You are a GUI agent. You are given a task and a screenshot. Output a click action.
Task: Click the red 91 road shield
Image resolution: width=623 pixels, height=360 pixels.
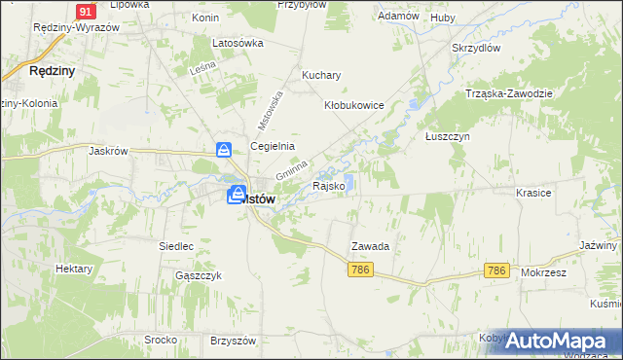pos(86,11)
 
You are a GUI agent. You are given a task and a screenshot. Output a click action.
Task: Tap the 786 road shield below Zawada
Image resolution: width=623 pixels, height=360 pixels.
pos(359,269)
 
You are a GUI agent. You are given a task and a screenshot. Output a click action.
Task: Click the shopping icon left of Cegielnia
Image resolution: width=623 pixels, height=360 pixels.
pos(224,150)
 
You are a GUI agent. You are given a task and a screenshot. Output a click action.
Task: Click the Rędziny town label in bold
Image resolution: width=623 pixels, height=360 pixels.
pos(53,71)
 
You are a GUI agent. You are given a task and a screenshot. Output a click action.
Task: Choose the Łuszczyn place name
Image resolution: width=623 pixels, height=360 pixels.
pos(448,137)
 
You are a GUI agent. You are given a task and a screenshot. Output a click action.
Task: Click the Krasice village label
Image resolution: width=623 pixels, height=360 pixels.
pos(534,193)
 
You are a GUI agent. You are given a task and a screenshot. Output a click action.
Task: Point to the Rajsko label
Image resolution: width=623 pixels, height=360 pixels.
pos(328,185)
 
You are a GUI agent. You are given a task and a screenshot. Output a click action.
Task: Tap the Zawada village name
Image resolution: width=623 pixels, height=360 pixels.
pos(370,247)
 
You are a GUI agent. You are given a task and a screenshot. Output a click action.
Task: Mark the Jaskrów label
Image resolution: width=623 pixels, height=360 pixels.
pos(109,151)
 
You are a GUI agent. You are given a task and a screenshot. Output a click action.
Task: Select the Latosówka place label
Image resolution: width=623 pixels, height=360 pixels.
pos(238,43)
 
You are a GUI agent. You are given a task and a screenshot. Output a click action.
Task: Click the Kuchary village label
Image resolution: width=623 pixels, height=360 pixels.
pos(321,75)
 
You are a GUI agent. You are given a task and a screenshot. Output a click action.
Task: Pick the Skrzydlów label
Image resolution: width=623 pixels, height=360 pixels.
pos(476,47)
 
